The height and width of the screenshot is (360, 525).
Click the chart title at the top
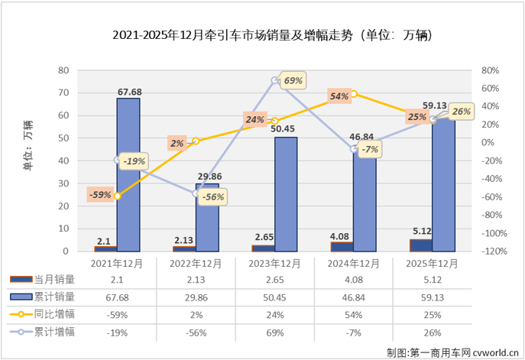pyautogui.click(x=263, y=36)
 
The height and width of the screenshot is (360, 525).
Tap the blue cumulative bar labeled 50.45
pyautogui.click(x=286, y=194)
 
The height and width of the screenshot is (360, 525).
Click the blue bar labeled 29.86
pyautogui.click(x=207, y=217)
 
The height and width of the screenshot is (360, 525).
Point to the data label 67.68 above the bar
pyautogui.click(x=128, y=92)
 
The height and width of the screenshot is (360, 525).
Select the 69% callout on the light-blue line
pyautogui.click(x=293, y=80)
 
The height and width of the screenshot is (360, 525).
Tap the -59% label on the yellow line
pyautogui.click(x=100, y=195)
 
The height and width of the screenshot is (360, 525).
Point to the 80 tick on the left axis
pyautogui.click(x=65, y=70)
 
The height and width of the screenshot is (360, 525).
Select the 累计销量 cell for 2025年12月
pyautogui.click(x=431, y=297)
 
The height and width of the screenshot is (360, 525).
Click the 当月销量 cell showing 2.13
pyautogui.click(x=196, y=280)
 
